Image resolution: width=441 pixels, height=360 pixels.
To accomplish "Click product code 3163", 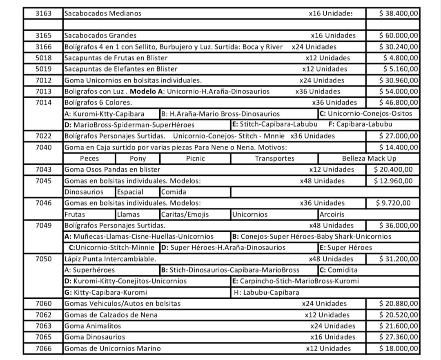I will pyautogui.click(x=44, y=13).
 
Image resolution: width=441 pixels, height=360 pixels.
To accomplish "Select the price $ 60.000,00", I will pyautogui.click(x=399, y=36).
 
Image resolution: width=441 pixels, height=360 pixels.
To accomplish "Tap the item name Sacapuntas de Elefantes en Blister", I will pyautogui.click(x=121, y=69).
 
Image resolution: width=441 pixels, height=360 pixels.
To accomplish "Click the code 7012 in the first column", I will pyautogui.click(x=44, y=80).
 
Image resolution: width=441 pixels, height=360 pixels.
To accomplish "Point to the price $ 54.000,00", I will pyautogui.click(x=399, y=92).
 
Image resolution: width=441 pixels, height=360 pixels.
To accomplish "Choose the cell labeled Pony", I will pyautogui.click(x=138, y=159).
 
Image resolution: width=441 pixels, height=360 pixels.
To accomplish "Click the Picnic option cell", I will pyautogui.click(x=195, y=159).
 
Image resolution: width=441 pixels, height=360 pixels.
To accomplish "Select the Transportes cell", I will pyautogui.click(x=274, y=159).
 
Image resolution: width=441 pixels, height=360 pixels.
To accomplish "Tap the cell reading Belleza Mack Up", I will pyautogui.click(x=369, y=159).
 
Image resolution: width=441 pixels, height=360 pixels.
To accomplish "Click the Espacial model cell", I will pyautogui.click(x=130, y=192).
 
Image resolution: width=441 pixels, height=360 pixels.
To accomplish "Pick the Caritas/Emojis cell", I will pyautogui.click(x=185, y=215).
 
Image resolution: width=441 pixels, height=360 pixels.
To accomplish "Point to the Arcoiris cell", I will pyautogui.click(x=332, y=215).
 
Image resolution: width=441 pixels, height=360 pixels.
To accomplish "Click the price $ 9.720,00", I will pyautogui.click(x=393, y=203).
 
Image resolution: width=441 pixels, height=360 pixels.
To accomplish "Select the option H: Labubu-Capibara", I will pyautogui.click(x=266, y=293).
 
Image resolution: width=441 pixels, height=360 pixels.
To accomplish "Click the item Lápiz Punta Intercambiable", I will pyautogui.click(x=110, y=259).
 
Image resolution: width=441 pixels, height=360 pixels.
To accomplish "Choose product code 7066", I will pyautogui.click(x=44, y=349).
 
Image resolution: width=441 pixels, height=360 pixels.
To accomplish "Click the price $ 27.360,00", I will pyautogui.click(x=399, y=337).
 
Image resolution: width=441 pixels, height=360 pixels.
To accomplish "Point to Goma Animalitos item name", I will pyautogui.click(x=93, y=326).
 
